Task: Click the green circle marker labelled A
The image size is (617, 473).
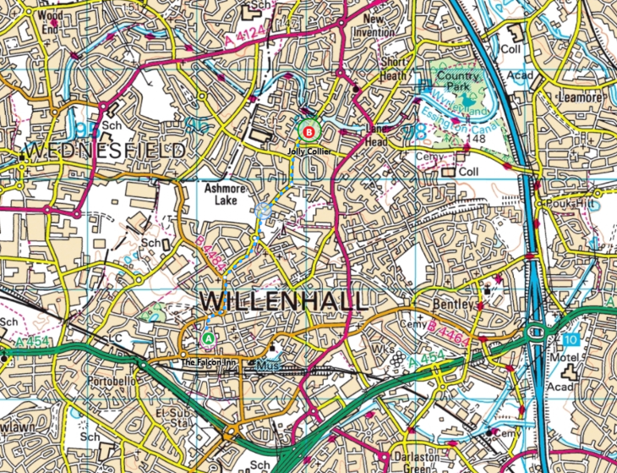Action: click(x=208, y=338)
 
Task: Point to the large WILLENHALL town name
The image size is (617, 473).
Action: click(x=283, y=301)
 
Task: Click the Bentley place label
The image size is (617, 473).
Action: click(x=439, y=301)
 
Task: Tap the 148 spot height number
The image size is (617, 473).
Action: click(x=478, y=138)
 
